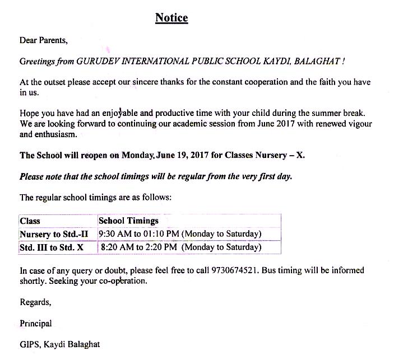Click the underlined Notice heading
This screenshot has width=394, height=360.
[x=171, y=18]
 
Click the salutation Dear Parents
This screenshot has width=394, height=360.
[x=43, y=40]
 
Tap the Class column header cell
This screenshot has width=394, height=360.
[x=30, y=221]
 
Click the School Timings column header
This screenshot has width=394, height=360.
[x=128, y=221]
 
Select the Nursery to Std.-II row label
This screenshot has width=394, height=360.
[x=54, y=234]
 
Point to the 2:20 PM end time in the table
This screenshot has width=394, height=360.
[x=160, y=247]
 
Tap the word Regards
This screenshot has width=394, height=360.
[x=35, y=302]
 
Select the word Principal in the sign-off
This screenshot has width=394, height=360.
[x=35, y=324]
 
